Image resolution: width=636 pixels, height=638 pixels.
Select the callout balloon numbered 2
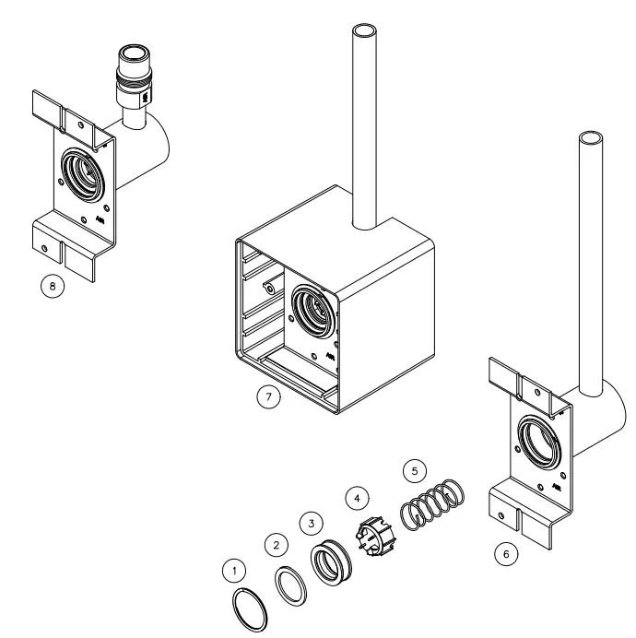(273, 544)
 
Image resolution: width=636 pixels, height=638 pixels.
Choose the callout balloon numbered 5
(413, 471)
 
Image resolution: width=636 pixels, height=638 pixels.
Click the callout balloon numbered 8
(53, 287)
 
